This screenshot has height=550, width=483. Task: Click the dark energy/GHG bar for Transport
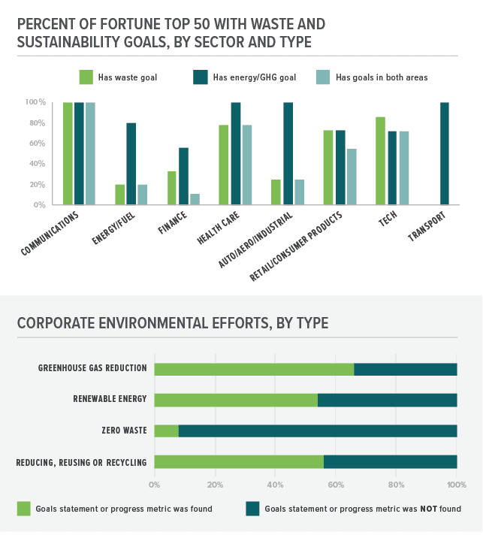[x=445, y=153]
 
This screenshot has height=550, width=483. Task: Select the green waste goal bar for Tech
[x=380, y=161]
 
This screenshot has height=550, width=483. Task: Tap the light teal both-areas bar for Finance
[x=195, y=199]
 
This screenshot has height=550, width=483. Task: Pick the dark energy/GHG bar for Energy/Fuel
[x=131, y=164]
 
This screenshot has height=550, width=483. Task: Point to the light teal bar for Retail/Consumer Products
[x=351, y=177]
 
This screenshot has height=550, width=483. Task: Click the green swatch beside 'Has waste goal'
[x=86, y=76]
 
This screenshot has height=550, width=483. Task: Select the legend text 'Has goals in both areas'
[x=382, y=77]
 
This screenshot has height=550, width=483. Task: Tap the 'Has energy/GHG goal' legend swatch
[x=201, y=76]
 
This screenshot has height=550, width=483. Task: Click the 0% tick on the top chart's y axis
[x=38, y=205]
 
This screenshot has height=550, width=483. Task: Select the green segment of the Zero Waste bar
[x=166, y=431]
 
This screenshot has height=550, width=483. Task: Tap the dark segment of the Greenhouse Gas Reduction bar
[x=405, y=369]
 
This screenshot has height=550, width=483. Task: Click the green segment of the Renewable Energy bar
[x=235, y=400]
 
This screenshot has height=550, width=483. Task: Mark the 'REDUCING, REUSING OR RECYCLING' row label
[x=81, y=462]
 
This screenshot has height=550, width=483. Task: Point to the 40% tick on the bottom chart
[x=275, y=485]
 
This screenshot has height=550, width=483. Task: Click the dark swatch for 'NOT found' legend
[x=252, y=509]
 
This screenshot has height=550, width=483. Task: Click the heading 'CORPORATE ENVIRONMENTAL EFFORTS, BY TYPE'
[x=172, y=324]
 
